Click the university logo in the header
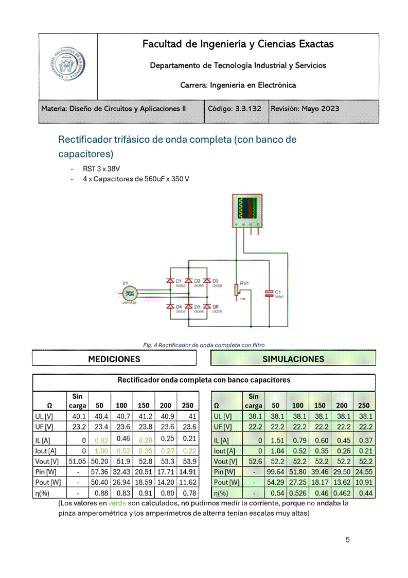coord(67,66)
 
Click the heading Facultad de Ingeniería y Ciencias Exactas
coord(238,44)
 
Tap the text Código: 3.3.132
coord(235,109)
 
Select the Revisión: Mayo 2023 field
coord(305,109)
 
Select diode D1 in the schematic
coord(170,281)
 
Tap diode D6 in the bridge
coord(207,307)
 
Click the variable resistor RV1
coord(237,290)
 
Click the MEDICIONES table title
coord(114,359)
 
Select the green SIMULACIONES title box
coord(293,359)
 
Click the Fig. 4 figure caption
coord(204,345)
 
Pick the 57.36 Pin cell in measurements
coord(99,472)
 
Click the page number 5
coord(348,540)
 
